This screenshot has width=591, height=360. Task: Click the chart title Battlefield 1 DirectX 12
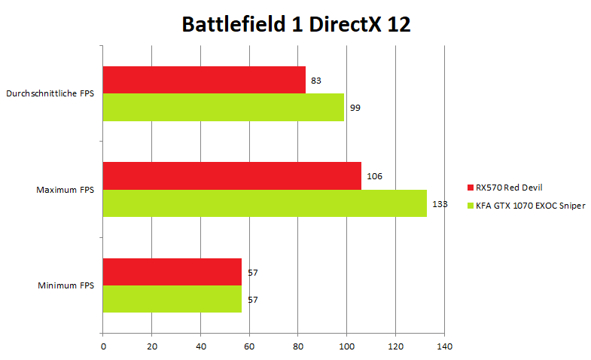(296, 25)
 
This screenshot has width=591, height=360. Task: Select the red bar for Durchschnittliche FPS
(204, 80)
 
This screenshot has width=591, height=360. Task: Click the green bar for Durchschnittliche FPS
(224, 107)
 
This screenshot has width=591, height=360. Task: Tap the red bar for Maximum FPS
(232, 175)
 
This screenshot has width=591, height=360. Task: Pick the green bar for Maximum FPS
(265, 203)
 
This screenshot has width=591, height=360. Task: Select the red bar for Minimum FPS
(172, 272)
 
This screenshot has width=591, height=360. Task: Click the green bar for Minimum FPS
(172, 299)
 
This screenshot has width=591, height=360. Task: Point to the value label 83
(316, 80)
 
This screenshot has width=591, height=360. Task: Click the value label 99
(355, 108)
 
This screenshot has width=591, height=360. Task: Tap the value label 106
(374, 176)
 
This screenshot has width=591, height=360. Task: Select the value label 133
(439, 204)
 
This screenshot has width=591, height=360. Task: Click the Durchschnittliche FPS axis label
(50, 94)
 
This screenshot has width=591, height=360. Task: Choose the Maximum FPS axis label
(65, 190)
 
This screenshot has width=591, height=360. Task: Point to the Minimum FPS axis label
(66, 285)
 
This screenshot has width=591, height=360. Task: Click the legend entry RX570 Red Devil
(509, 187)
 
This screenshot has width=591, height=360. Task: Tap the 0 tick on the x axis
(103, 346)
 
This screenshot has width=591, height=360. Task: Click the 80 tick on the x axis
(298, 346)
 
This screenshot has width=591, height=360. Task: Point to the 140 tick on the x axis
(444, 346)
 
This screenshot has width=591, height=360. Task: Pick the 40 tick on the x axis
(200, 346)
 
